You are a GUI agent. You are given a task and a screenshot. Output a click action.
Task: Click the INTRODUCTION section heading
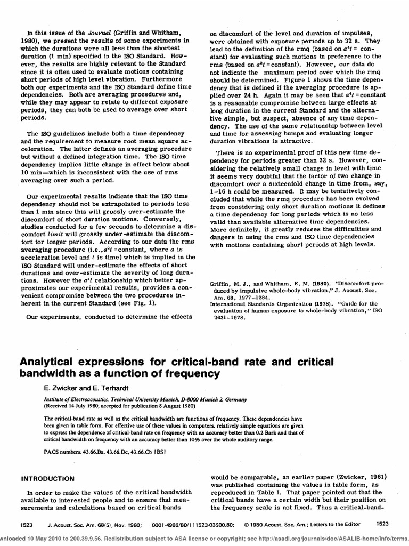pos(47,478)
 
